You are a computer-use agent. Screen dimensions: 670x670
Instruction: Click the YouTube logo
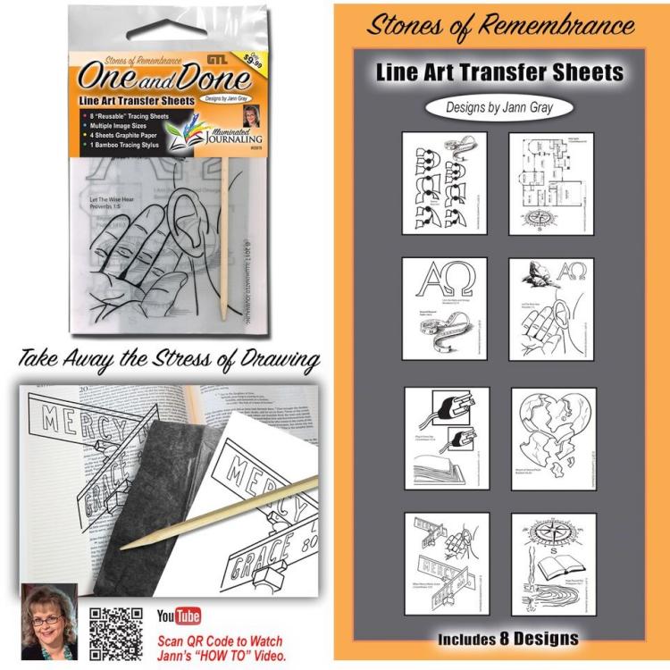click(179, 616)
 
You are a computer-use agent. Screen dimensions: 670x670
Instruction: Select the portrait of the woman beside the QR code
click(49, 622)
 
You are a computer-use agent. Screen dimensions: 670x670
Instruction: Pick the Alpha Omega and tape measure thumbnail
click(444, 309)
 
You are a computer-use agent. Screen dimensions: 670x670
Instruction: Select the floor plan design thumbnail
click(552, 184)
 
